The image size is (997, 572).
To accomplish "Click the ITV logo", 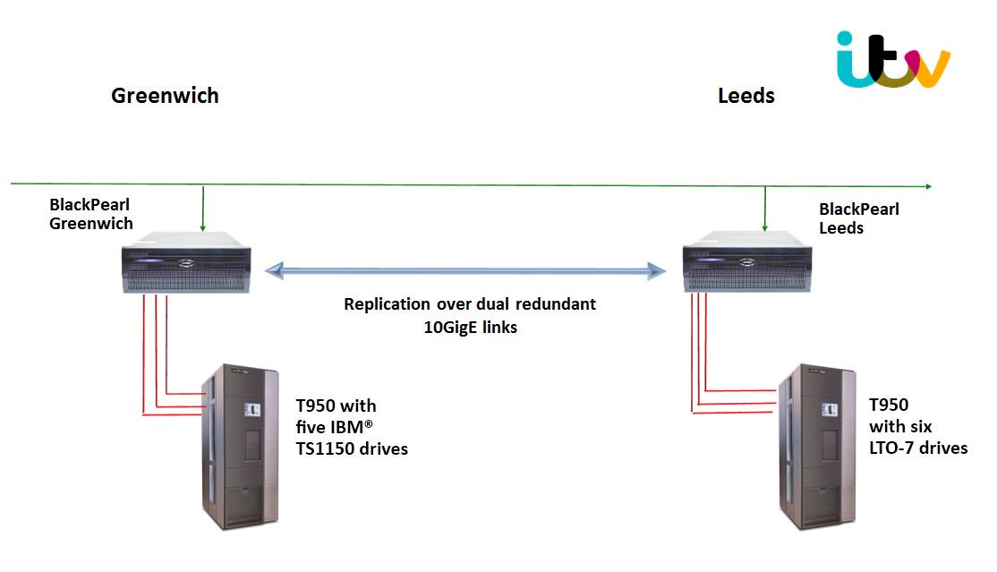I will (x=892, y=60).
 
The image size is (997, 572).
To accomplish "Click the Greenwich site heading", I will (x=165, y=96).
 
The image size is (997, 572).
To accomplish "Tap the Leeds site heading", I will (x=746, y=96).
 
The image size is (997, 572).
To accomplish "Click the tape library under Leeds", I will (x=817, y=447).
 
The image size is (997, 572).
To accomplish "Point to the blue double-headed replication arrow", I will (x=469, y=269).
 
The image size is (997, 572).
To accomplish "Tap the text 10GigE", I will (x=450, y=328).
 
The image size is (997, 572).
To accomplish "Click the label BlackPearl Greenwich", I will (x=91, y=216).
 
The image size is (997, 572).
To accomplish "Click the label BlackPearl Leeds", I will (x=859, y=218).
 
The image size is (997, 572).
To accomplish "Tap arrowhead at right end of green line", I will (x=927, y=186).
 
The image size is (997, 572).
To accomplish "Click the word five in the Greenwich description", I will (x=311, y=428).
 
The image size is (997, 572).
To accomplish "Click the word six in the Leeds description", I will (x=919, y=426).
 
